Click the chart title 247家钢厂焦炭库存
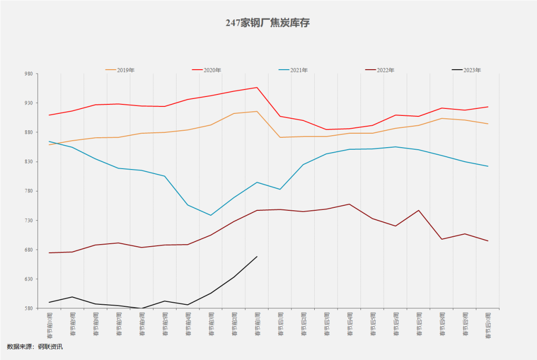[x=268, y=23]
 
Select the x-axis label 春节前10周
[x=49, y=325]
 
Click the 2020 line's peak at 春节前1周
[x=257, y=88]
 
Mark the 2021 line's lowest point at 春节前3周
[x=211, y=215]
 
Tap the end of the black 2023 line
[x=257, y=257]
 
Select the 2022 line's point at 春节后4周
[x=350, y=204]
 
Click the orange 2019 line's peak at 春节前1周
[x=257, y=111]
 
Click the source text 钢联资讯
[x=50, y=347]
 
